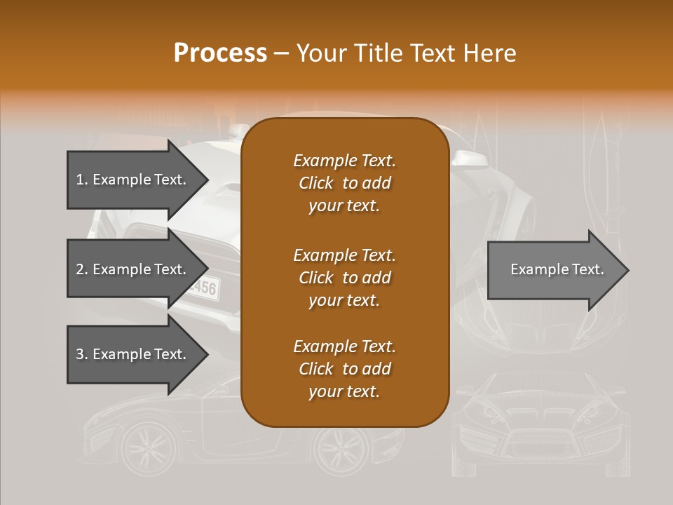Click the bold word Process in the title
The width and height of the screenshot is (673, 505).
point(220,53)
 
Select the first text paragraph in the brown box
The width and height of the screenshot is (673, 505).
point(344,183)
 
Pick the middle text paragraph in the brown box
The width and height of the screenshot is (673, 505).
point(344,277)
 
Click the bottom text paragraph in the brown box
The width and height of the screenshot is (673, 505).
point(344,369)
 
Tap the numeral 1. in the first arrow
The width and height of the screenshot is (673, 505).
point(81,180)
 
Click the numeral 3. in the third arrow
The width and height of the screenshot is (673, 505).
point(81,354)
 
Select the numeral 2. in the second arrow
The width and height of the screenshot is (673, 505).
point(81,269)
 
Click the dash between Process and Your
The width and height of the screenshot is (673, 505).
point(281,54)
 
